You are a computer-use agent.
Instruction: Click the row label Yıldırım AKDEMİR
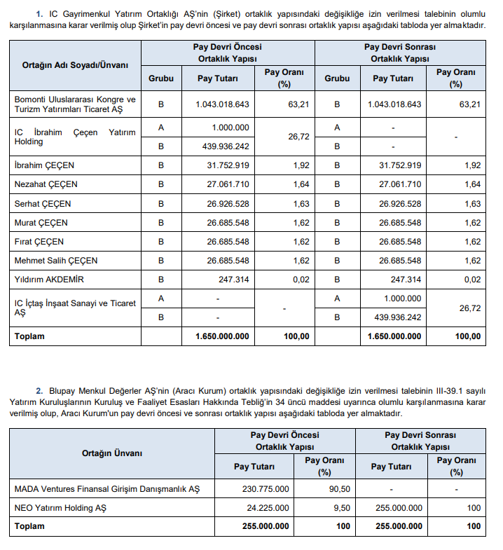(46, 280)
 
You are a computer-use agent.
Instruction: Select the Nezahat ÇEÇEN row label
(46, 184)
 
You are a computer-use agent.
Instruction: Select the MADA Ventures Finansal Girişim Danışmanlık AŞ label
(107, 489)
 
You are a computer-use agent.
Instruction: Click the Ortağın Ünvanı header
(112, 453)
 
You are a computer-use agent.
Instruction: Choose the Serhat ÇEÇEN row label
(43, 204)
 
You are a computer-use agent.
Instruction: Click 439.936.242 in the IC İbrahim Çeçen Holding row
(223, 146)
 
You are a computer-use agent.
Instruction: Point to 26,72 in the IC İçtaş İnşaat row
(469, 308)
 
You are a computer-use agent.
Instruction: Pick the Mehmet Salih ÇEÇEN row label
(56, 261)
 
